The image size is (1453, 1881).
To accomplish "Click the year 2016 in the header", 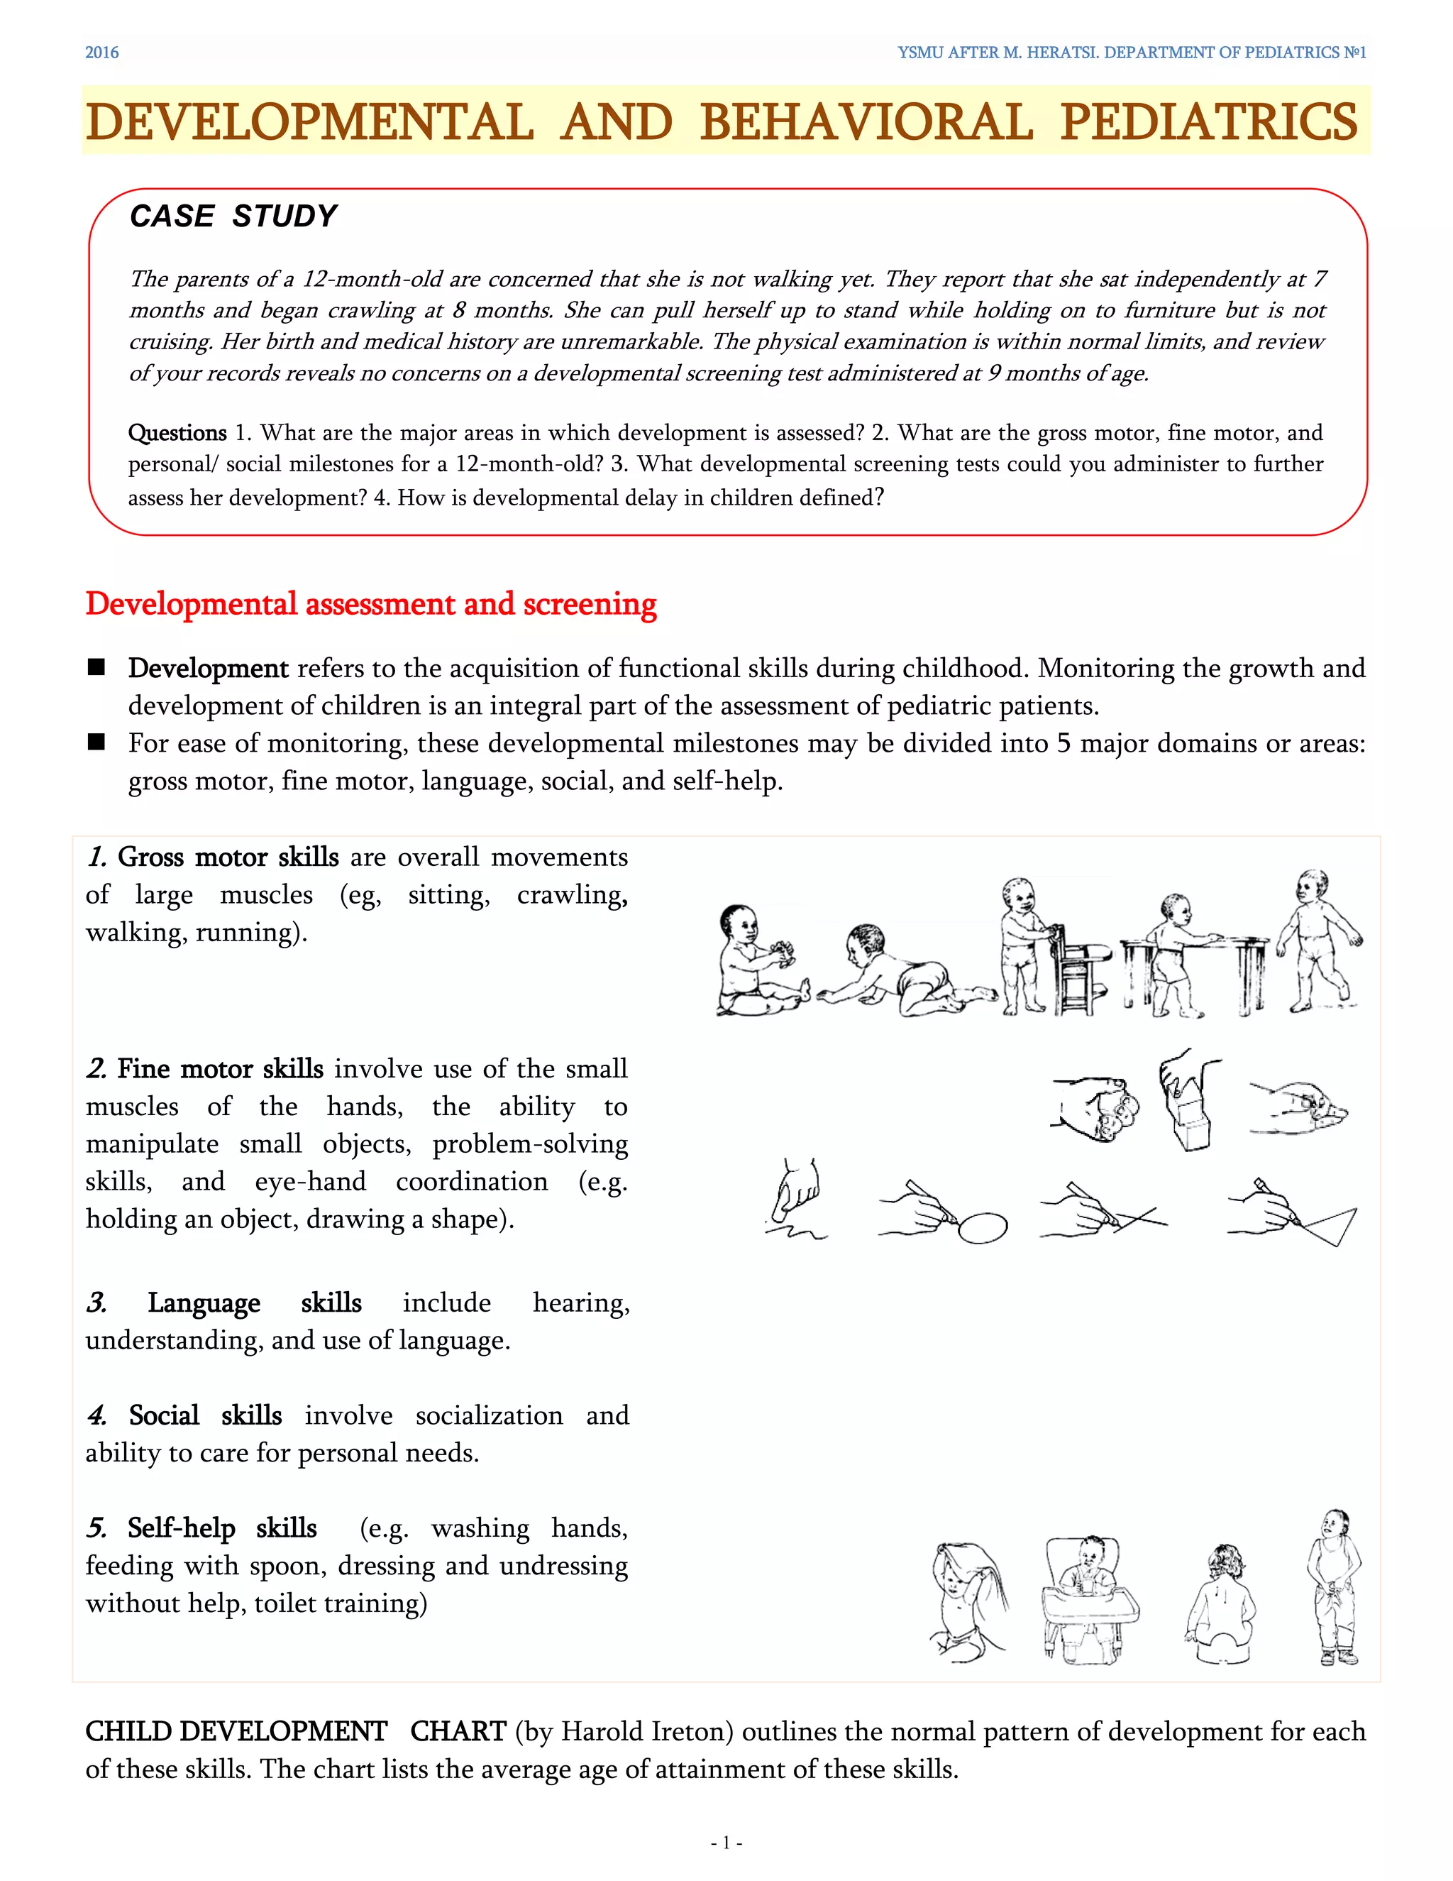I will pyautogui.click(x=101, y=53).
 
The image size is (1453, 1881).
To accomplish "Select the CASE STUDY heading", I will pyautogui.click(x=233, y=216).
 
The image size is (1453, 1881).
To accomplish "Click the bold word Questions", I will pyautogui.click(x=177, y=432).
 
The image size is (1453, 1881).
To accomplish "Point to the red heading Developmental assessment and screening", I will pyautogui.click(x=371, y=604).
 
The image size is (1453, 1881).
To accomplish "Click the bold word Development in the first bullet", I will pyautogui.click(x=209, y=669).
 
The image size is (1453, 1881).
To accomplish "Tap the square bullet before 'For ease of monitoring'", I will pyautogui.click(x=96, y=742).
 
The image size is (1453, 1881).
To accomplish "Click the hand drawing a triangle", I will pyautogui.click(x=1291, y=1212).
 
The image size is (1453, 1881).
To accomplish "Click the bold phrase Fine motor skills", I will pyautogui.click(x=221, y=1069).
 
